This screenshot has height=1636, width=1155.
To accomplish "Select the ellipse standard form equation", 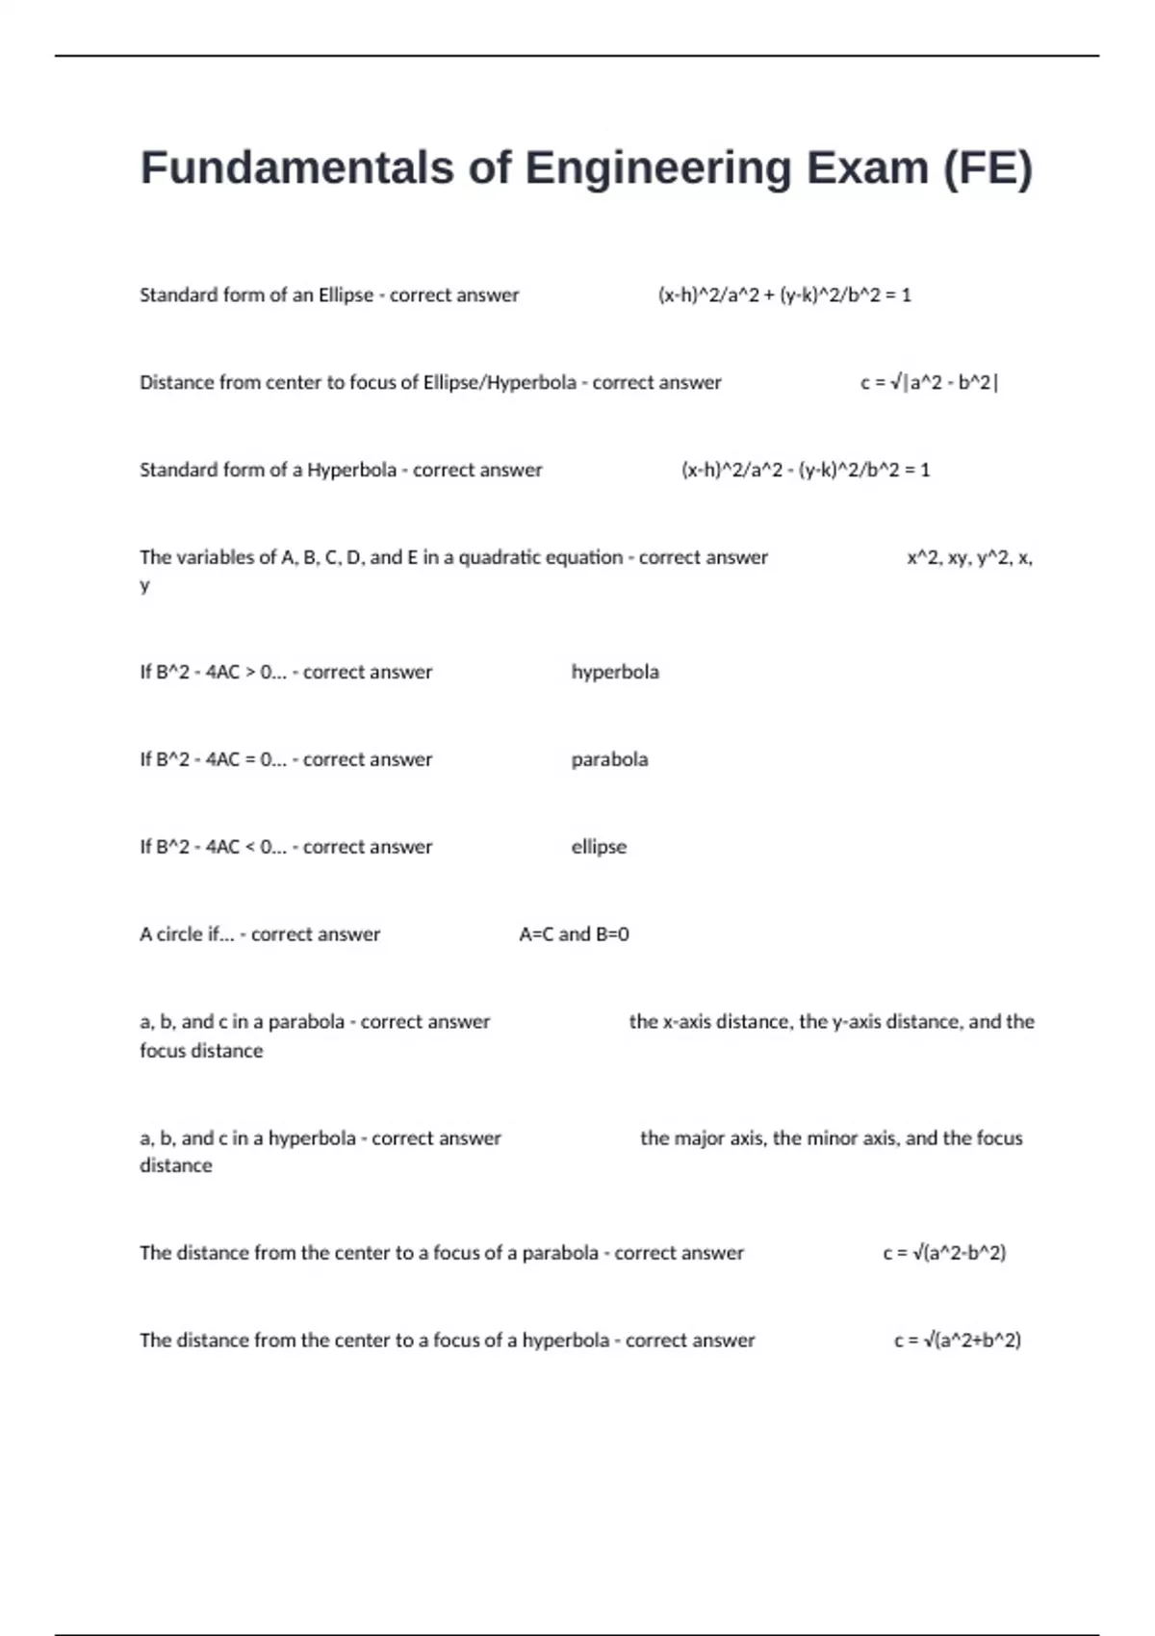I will [784, 295].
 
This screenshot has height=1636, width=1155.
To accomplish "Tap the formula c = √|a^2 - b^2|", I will [929, 383].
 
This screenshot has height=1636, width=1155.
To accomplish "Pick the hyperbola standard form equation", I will [806, 471].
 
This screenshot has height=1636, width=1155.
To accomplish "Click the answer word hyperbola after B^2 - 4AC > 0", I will [615, 672].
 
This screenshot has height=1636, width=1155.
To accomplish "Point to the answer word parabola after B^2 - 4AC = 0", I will [609, 759].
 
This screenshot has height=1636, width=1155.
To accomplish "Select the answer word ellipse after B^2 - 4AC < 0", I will [599, 847].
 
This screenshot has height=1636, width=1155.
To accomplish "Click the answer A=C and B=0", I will [574, 934].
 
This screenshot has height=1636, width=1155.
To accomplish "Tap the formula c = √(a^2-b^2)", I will [944, 1253].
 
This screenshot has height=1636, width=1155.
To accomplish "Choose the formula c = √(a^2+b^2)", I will [958, 1341].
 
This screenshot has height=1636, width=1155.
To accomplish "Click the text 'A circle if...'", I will [187, 934].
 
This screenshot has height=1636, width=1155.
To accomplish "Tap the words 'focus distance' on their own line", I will [201, 1051].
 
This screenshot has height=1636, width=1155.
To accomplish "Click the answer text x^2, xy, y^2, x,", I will [969, 557].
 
